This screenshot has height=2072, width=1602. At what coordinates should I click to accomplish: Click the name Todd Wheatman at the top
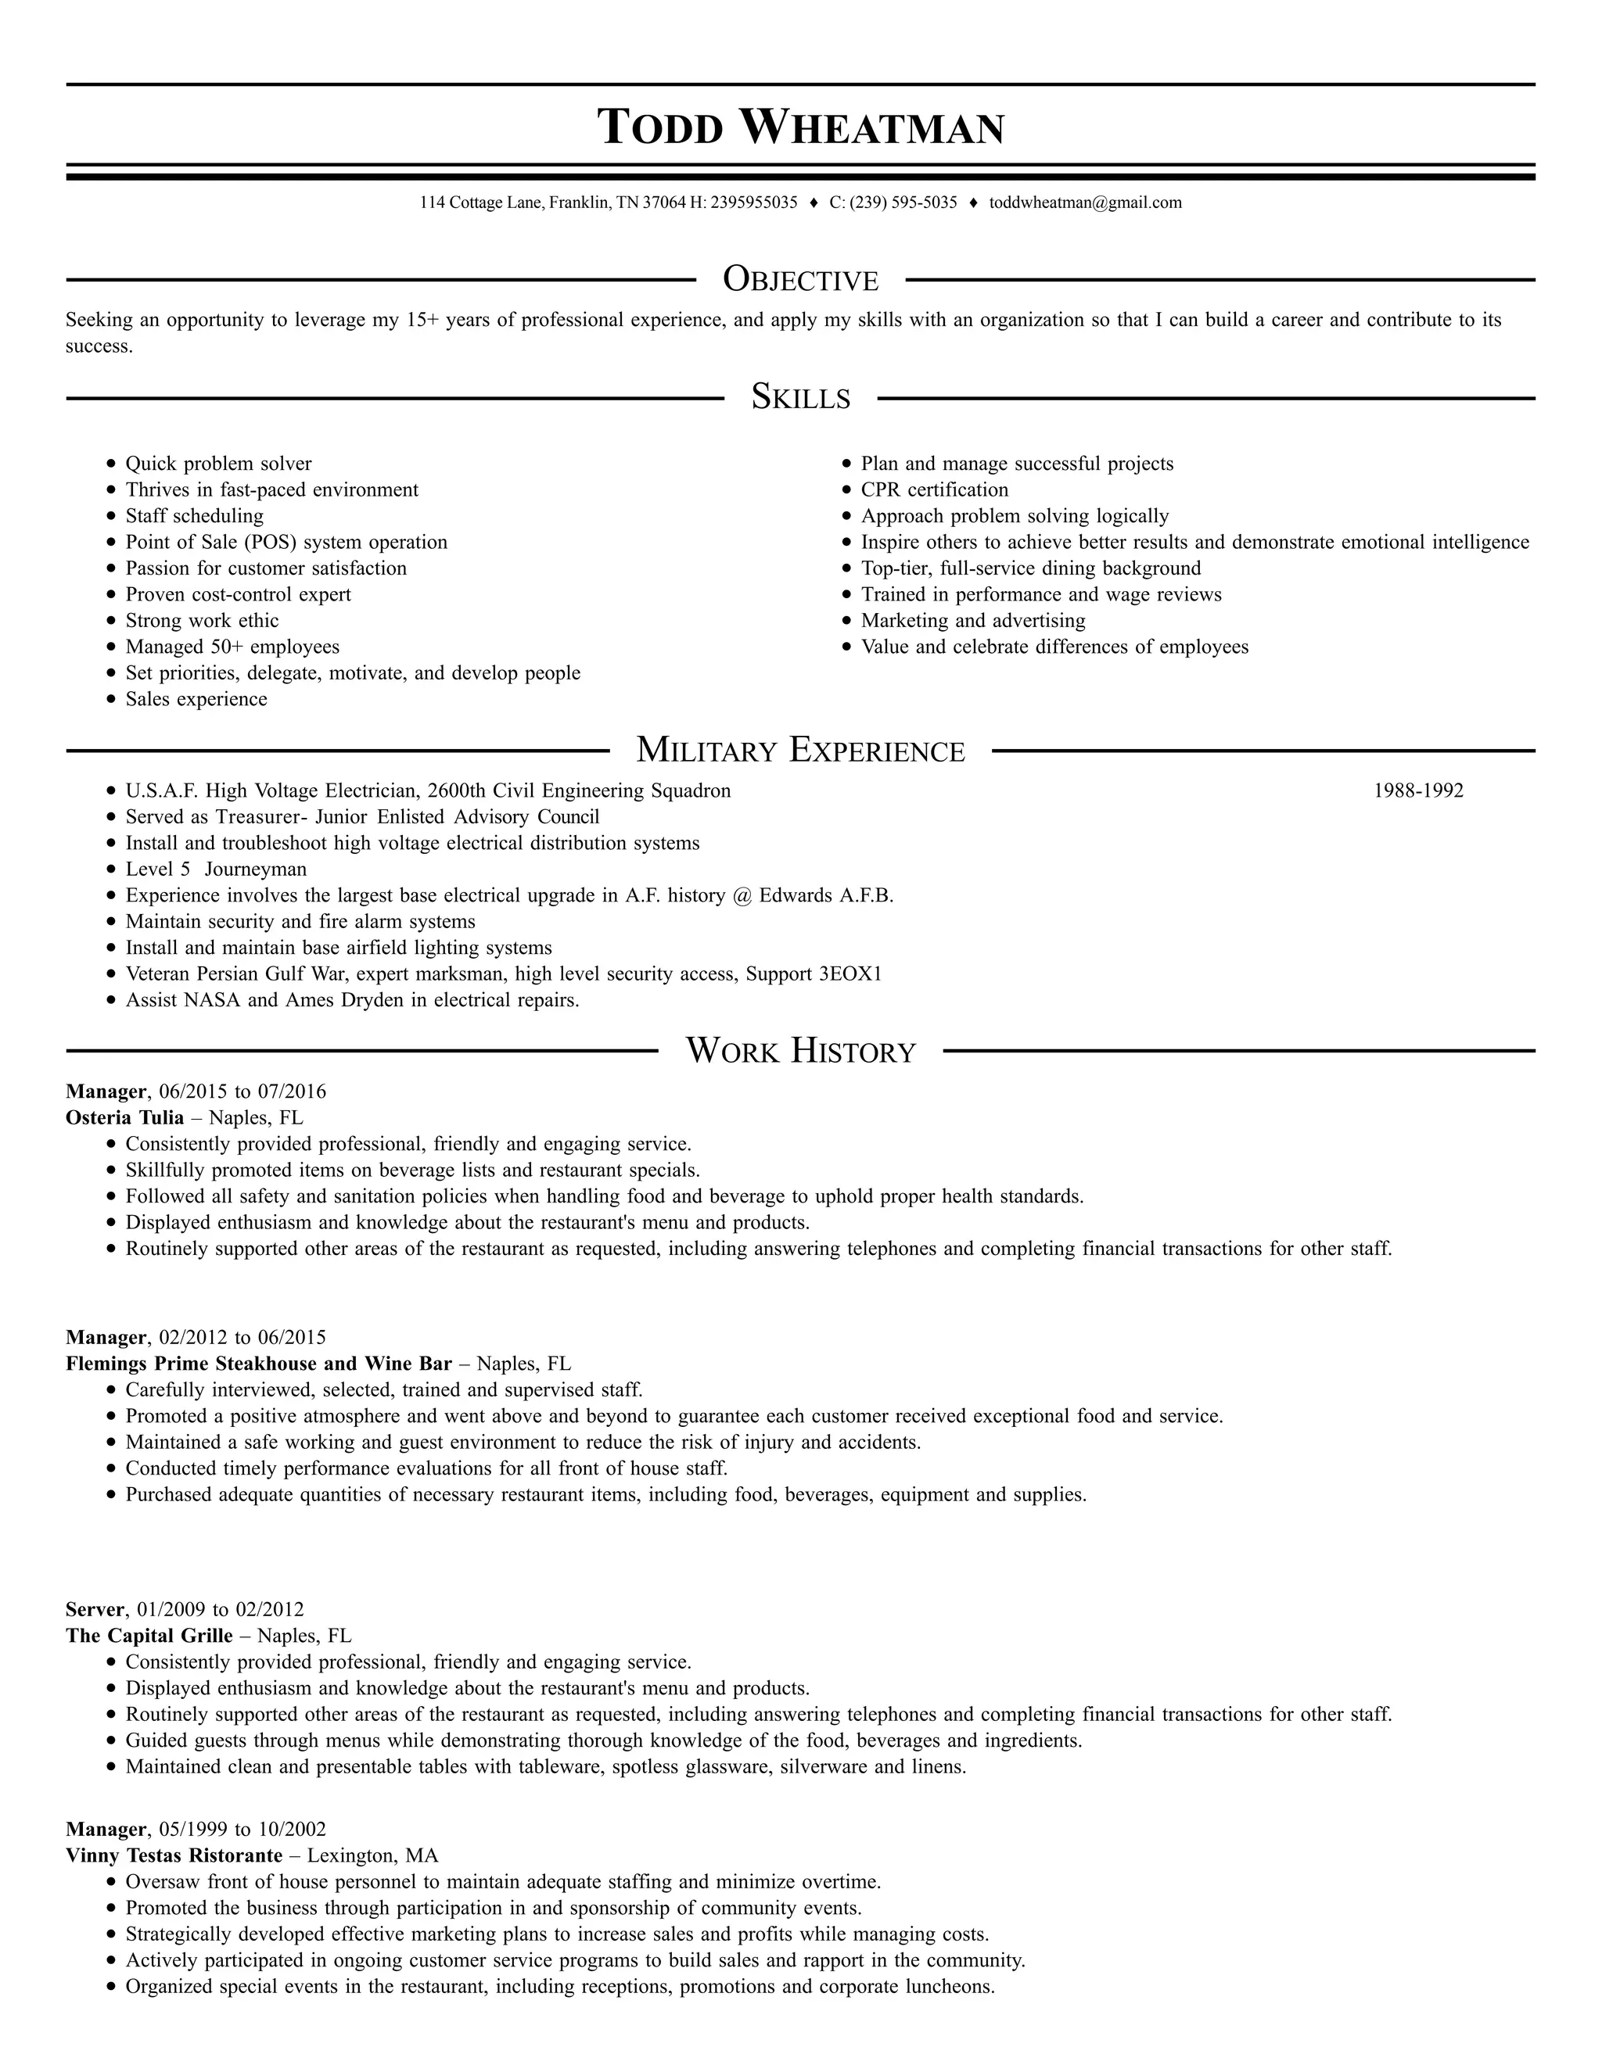pos(800,127)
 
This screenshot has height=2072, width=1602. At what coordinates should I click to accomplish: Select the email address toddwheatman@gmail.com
pos(1085,202)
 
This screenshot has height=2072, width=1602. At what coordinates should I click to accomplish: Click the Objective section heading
pos(800,280)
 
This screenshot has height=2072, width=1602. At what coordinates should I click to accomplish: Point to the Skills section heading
pos(800,397)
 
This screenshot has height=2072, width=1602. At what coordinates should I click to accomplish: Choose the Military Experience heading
pos(800,751)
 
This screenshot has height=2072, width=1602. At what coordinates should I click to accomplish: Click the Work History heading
pos(800,1051)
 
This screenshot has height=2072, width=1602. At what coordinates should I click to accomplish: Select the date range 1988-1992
pos(1418,791)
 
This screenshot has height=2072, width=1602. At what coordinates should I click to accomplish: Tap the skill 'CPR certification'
pos(934,490)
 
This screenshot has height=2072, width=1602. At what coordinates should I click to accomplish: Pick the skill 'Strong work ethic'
pos(202,622)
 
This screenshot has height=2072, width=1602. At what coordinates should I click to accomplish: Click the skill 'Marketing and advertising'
pos(973,622)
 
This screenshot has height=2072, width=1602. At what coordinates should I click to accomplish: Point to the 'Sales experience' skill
pos(196,700)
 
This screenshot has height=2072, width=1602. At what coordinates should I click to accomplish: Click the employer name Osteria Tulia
pos(124,1117)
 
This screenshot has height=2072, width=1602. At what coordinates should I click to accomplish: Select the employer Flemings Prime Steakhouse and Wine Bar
pos(258,1364)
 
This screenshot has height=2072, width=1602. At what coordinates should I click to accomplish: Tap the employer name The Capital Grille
pos(149,1636)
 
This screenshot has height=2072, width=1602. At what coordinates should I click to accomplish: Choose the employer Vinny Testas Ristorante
pos(174,1855)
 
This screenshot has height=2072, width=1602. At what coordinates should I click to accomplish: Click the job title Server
pos(95,1610)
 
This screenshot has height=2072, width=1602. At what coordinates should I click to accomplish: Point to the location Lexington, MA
pos(373,1855)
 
